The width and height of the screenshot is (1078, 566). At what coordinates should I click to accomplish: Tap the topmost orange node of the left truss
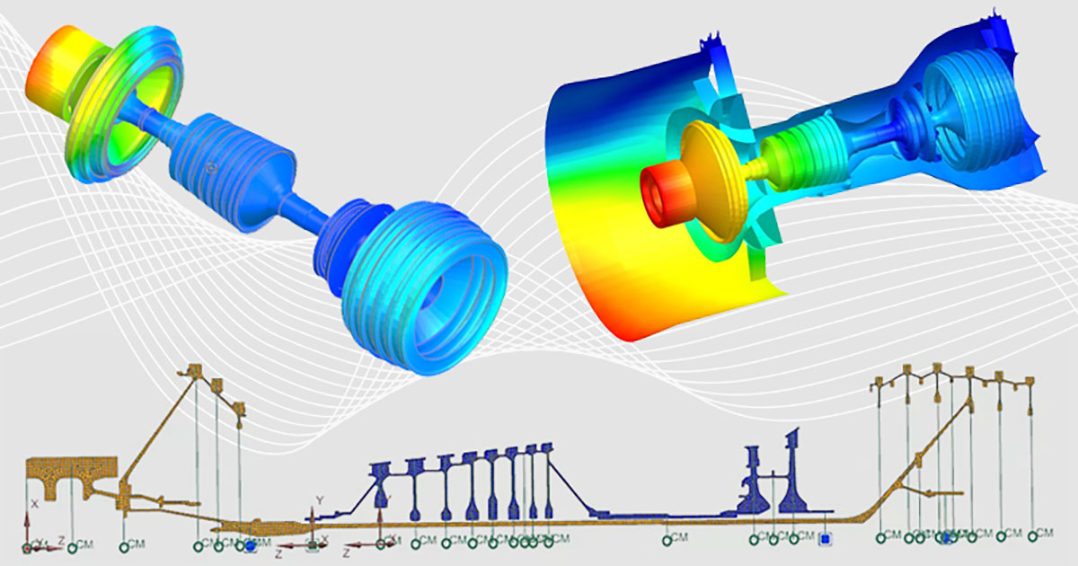point(192,371)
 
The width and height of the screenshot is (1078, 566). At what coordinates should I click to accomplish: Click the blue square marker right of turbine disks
point(826,539)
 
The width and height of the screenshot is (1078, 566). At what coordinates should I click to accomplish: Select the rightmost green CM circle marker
point(1033,535)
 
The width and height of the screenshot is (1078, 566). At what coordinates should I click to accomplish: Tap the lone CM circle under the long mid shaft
point(667,540)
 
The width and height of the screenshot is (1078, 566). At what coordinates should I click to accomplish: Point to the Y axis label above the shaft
point(318,500)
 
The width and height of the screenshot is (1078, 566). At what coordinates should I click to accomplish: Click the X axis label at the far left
point(34,505)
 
